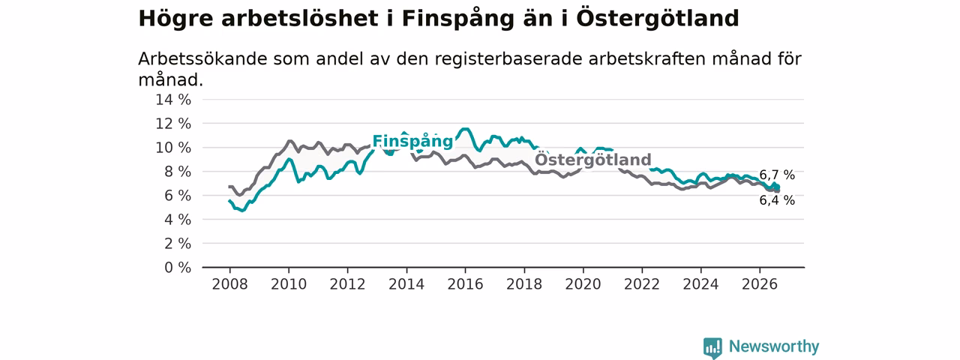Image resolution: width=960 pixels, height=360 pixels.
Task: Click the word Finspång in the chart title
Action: [457, 19]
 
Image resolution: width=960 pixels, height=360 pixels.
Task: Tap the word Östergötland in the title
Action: [658, 18]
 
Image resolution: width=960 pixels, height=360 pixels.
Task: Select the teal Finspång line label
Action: [412, 142]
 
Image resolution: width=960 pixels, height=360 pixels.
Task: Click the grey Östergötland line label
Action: [593, 160]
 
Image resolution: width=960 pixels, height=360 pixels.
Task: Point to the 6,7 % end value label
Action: [777, 175]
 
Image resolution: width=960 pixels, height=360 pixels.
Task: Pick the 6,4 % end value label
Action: [777, 200]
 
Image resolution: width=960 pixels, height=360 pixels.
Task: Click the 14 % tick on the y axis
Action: [173, 100]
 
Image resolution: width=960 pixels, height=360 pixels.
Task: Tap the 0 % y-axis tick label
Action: [178, 268]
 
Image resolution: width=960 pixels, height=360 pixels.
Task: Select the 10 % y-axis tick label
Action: [173, 148]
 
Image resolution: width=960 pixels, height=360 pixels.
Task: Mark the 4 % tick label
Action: [178, 220]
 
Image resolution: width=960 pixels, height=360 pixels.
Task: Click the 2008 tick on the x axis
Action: [229, 284]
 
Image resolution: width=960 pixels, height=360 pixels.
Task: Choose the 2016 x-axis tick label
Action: [466, 284]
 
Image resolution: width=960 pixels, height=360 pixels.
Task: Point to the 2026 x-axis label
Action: [760, 284]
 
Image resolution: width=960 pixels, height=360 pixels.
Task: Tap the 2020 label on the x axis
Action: [583, 284]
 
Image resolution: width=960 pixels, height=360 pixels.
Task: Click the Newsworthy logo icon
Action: [712, 347]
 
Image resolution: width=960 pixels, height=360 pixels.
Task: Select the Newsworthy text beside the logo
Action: [774, 346]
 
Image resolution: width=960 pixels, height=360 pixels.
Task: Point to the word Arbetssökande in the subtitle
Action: [203, 58]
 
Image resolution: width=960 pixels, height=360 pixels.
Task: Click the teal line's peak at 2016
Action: [465, 128]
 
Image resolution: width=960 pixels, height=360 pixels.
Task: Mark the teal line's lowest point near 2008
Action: [242, 211]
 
